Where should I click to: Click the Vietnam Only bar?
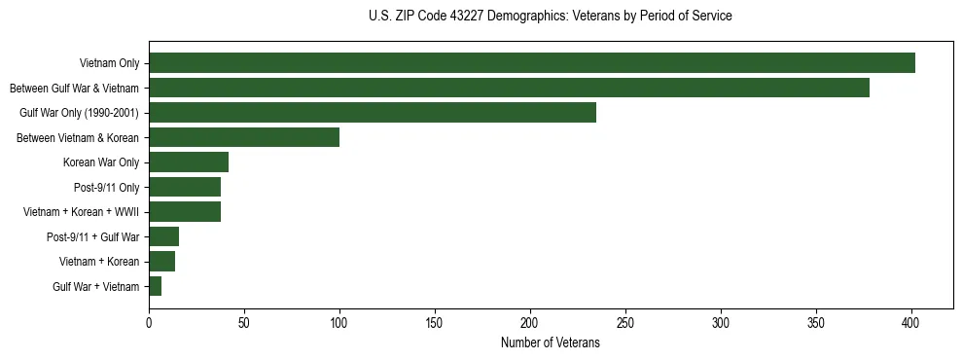[532, 63]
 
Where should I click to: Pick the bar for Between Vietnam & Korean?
[244, 137]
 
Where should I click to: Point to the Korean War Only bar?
[189, 162]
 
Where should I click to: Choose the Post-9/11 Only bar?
[185, 187]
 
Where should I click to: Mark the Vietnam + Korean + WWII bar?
[185, 212]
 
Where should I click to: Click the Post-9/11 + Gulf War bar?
[163, 236]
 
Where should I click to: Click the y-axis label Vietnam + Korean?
[100, 262]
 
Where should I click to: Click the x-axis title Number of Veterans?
[551, 342]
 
